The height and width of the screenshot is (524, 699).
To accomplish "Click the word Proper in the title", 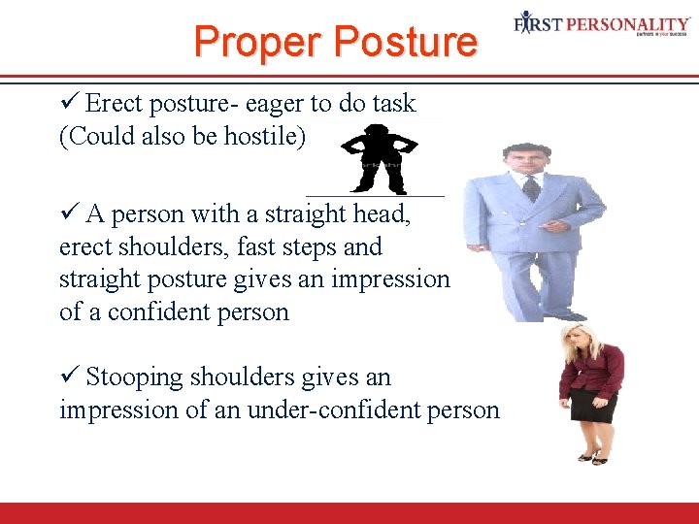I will point(257,43).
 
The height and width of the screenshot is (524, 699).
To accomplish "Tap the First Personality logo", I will point(602,23).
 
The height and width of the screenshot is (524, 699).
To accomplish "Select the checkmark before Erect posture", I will point(69,103).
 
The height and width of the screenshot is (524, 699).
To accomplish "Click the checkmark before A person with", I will point(69,213).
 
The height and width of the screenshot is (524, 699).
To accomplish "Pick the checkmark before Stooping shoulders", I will point(69,377).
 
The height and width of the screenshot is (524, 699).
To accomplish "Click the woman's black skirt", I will point(593,406).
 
